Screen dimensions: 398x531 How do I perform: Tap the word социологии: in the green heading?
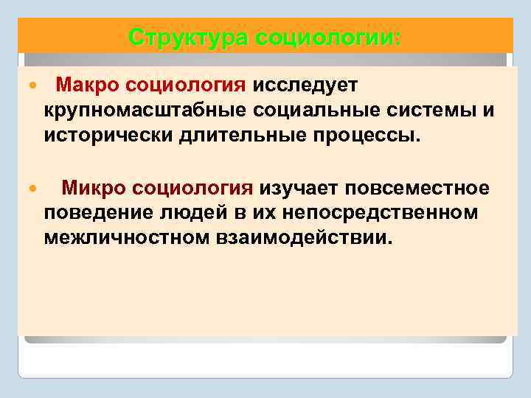[x=327, y=36]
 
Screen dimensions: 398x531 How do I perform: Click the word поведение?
[x=89, y=214]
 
